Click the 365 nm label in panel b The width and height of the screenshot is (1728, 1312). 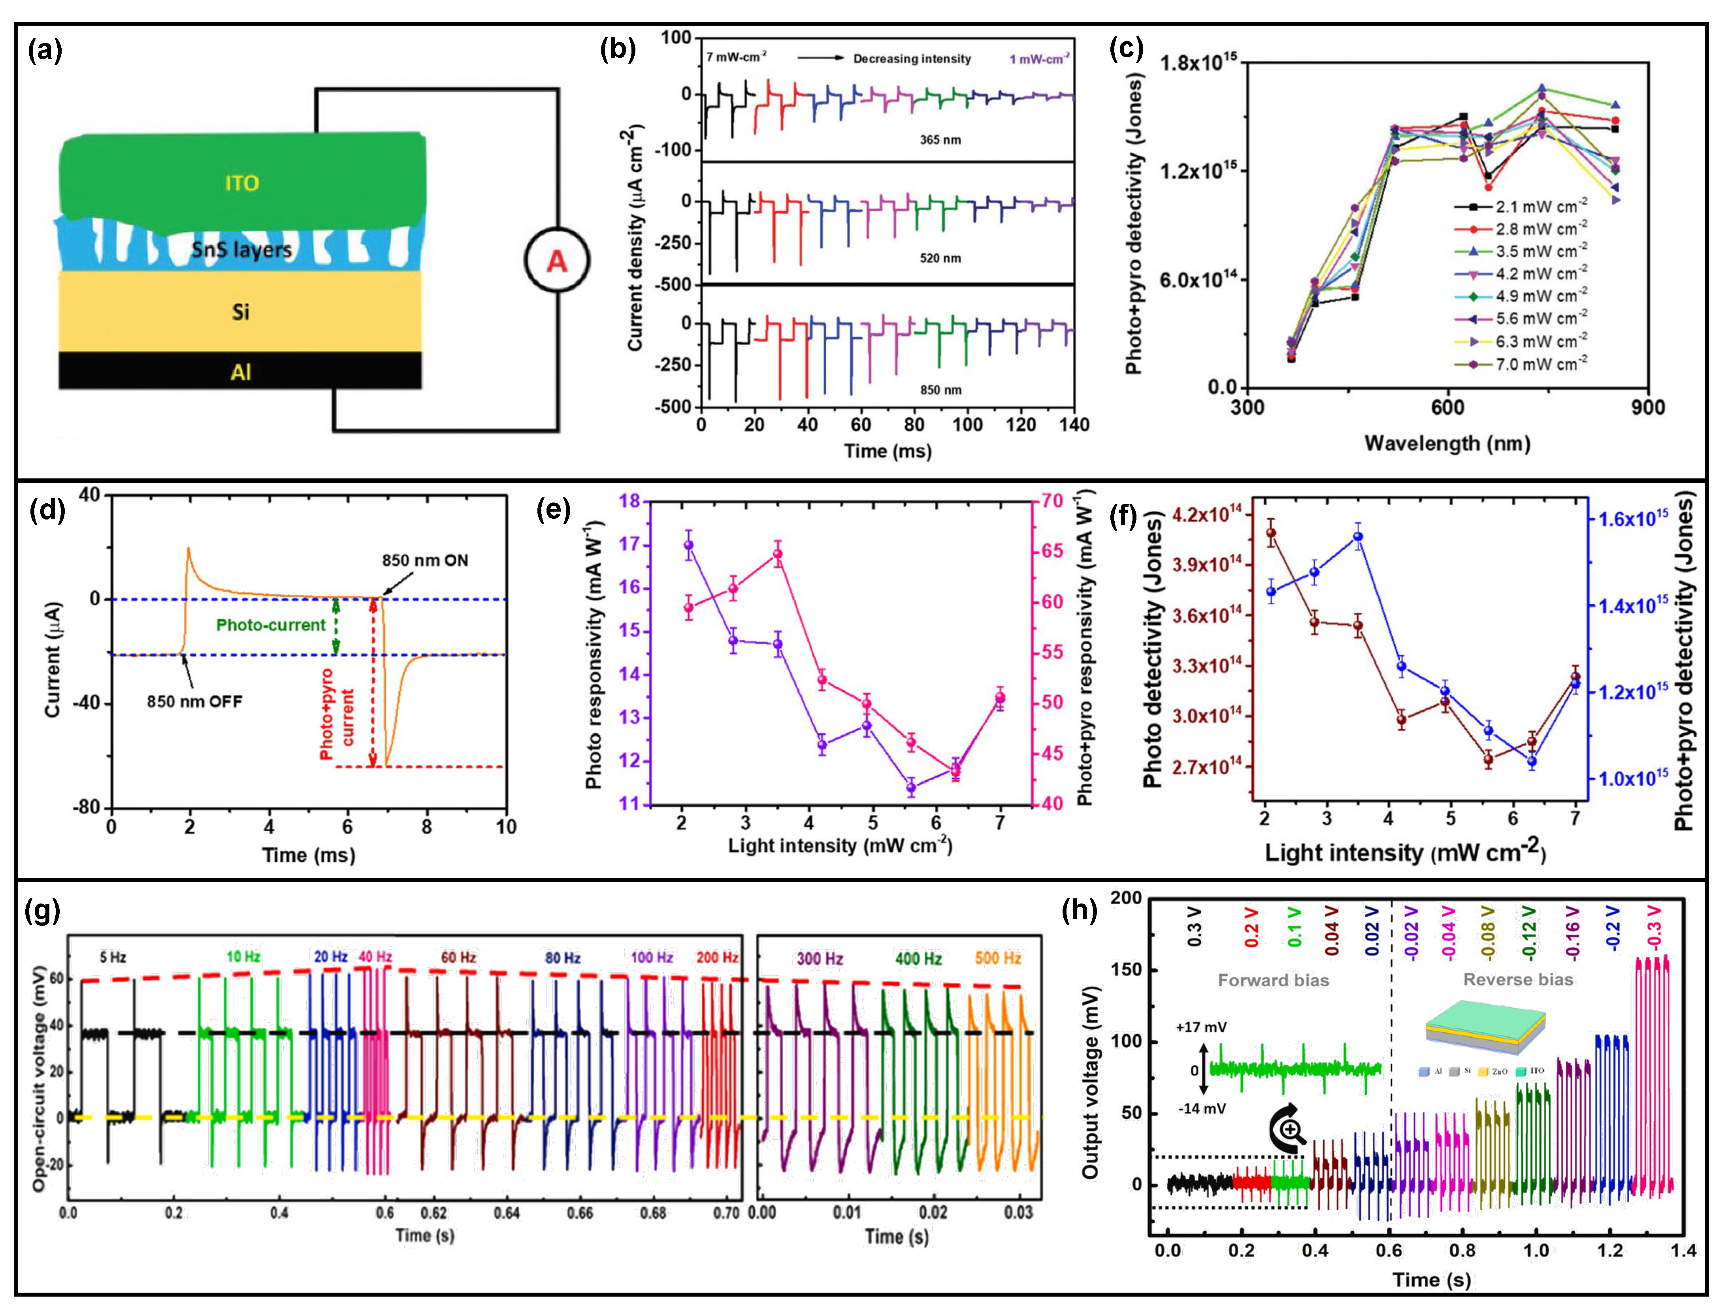[940, 140]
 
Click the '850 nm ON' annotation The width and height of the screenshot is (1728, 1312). [425, 560]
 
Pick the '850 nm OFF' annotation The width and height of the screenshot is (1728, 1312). [194, 701]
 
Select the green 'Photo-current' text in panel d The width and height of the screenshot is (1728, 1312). [270, 625]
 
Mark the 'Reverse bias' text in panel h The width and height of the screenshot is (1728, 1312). [1518, 979]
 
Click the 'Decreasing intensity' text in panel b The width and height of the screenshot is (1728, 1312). [912, 58]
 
